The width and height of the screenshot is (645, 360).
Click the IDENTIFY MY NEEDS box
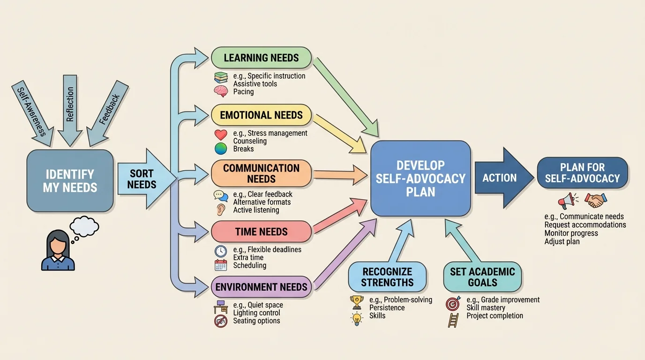70,180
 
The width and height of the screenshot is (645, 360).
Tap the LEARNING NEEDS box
261,58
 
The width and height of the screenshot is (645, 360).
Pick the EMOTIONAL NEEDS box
261,115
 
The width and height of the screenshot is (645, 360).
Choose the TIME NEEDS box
261,232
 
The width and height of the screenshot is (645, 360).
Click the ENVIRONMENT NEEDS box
261,287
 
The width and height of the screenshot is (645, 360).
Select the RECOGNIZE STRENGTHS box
387,277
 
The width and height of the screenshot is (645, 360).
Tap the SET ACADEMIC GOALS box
482,277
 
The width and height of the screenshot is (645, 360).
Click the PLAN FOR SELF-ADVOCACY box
582,173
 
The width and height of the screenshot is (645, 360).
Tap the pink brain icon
220,91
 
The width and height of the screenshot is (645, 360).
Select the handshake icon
596,201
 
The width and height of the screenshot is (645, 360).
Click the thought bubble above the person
84,226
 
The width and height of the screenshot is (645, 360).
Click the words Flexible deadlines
274,250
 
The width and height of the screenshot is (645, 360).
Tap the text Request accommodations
585,225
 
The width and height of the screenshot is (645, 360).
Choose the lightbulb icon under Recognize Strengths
357,318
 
